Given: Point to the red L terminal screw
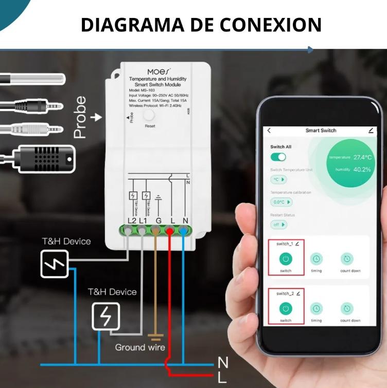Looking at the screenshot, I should [170, 231].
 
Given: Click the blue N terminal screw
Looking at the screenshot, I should [184, 231].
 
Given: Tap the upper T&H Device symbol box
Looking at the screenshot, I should [54, 264].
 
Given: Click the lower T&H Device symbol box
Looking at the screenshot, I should [106, 316].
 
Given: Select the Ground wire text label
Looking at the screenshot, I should [140, 347].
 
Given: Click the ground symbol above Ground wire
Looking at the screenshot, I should [155, 337].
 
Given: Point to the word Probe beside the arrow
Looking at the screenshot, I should [80, 118].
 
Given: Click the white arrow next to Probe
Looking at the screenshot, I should [96, 118].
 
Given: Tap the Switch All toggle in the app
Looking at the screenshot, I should [278, 157].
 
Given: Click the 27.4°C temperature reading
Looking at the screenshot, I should [362, 157].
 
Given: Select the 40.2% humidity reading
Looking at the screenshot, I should [362, 169].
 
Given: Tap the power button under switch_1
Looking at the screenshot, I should [286, 260].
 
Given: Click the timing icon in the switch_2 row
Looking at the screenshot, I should [316, 309].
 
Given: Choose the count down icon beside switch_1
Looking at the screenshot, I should [347, 260].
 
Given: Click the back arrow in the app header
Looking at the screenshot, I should [269, 131].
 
